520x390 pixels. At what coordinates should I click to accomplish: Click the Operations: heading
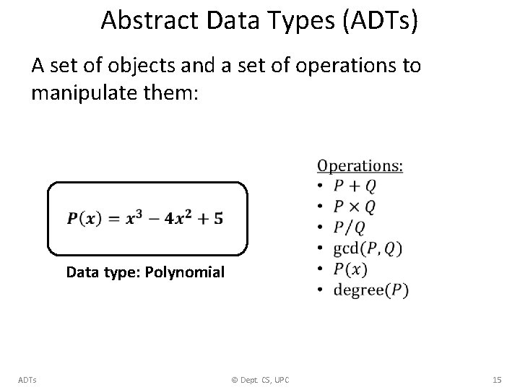360,166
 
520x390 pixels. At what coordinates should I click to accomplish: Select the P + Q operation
354,186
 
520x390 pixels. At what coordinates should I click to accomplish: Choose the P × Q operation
354,207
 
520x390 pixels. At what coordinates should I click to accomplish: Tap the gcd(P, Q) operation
368,249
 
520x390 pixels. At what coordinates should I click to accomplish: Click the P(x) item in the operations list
350,269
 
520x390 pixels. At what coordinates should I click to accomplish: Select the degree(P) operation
370,290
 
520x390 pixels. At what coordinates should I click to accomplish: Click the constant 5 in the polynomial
218,218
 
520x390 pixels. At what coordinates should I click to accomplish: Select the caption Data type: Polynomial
145,273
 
